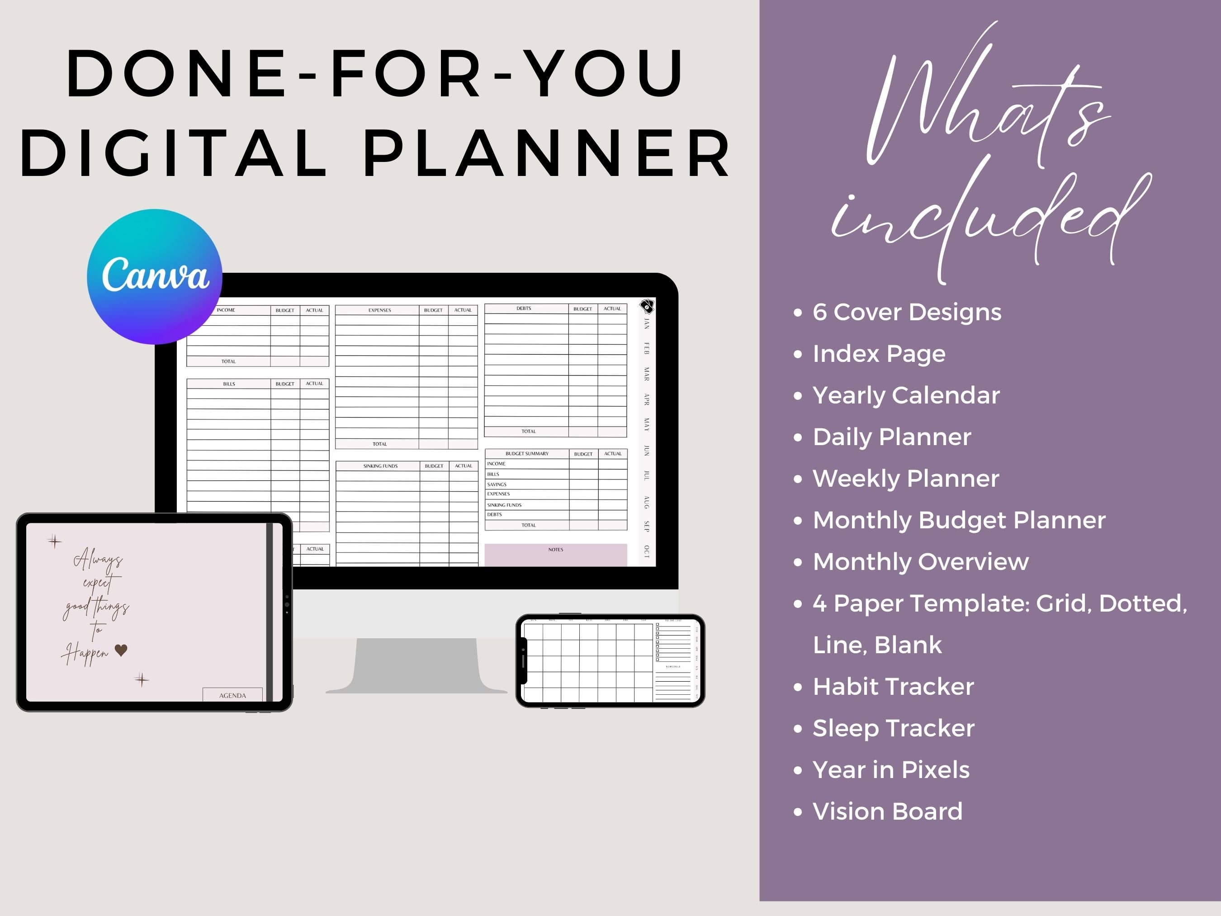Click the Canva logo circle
coord(155,276)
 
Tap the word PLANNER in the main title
coord(546,153)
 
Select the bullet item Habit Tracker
coord(893,686)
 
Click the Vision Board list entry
coord(887,811)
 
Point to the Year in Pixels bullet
coord(890,770)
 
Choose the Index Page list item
coord(879,353)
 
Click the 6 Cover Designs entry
coord(906,312)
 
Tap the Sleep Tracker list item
coord(893,728)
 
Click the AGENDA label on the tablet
coord(232,695)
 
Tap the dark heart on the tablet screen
coord(121,650)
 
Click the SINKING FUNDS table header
coord(380,466)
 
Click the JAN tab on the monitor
coord(646,323)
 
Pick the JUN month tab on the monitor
coord(646,450)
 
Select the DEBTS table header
coord(523,308)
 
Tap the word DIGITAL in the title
coord(174,153)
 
